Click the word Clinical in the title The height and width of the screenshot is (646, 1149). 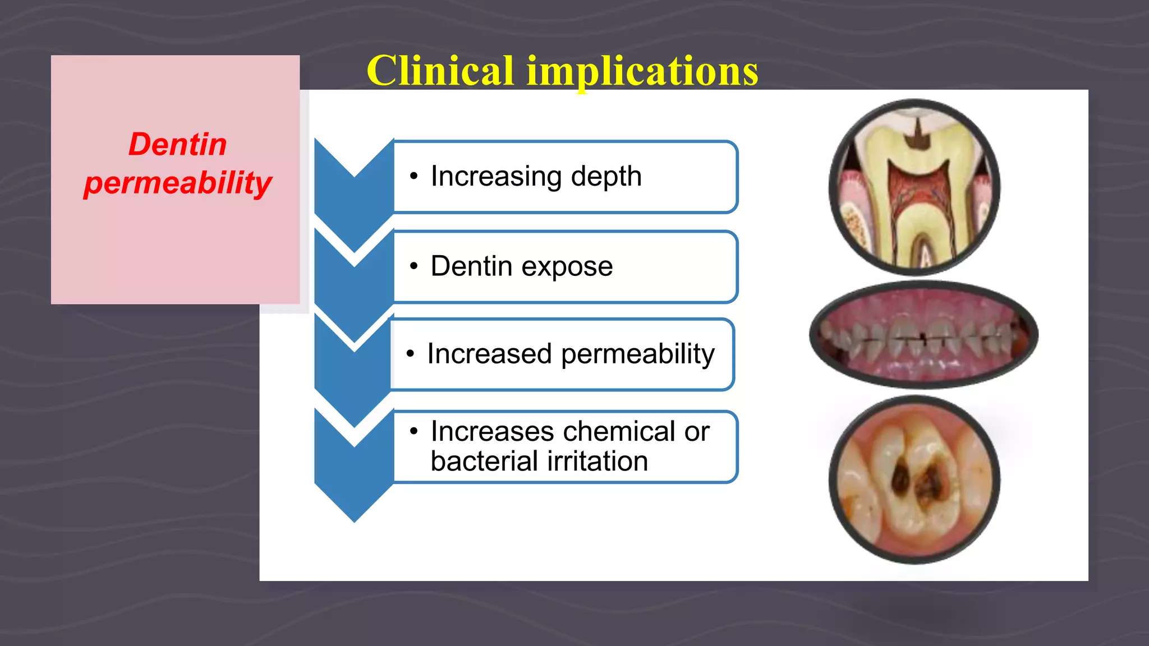tap(440, 71)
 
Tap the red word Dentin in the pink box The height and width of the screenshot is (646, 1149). tap(177, 145)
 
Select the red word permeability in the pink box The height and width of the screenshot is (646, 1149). tap(177, 183)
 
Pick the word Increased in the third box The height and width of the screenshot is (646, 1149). tap(489, 354)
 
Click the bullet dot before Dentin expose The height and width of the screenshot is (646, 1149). tap(413, 266)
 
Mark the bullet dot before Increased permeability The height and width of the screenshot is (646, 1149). tap(410, 354)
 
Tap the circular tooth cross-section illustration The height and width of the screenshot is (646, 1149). tap(914, 187)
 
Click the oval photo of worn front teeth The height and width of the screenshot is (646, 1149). tap(923, 335)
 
